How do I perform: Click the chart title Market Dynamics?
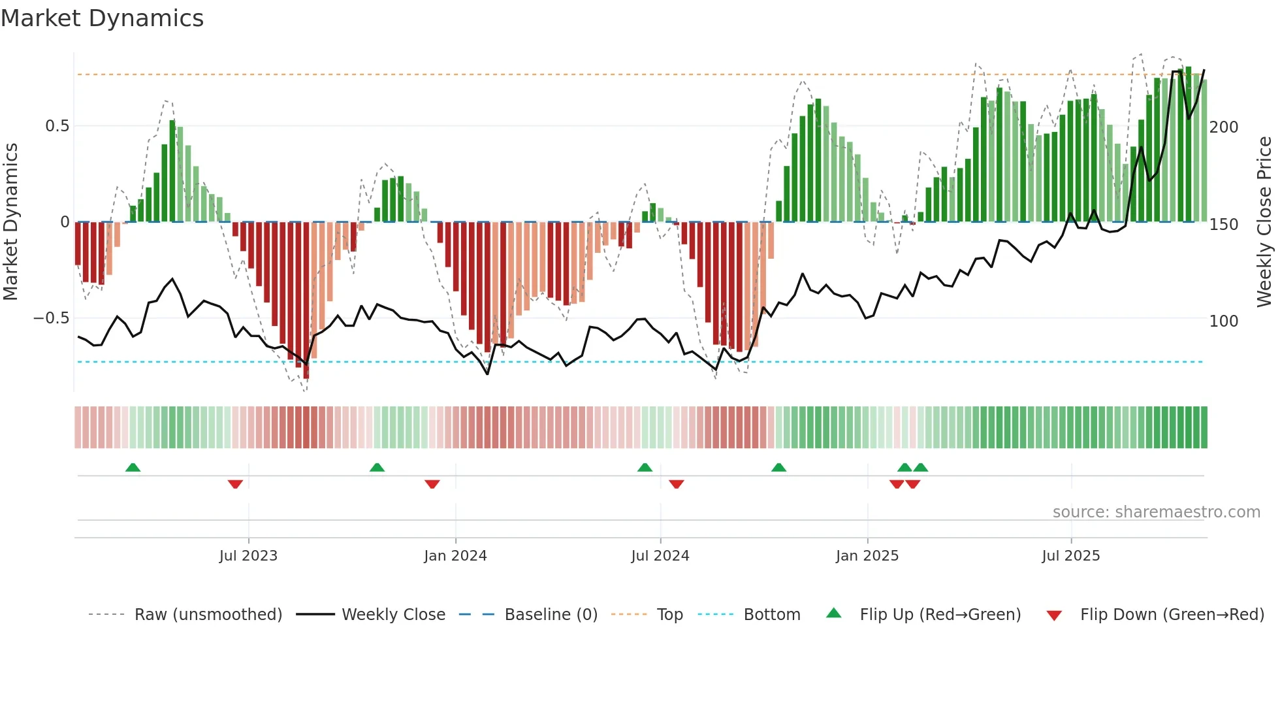102,18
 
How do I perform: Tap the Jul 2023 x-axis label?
248,556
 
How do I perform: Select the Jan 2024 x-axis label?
455,556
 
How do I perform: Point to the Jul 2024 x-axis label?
660,556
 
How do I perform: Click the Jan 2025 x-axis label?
867,556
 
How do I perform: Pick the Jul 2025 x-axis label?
1070,556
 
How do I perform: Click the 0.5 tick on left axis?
57,126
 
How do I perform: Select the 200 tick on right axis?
1223,127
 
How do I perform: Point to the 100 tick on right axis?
1223,321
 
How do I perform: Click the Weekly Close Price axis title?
1264,222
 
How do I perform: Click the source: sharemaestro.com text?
1156,512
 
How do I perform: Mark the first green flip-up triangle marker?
133,467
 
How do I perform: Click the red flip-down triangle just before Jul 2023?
235,484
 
